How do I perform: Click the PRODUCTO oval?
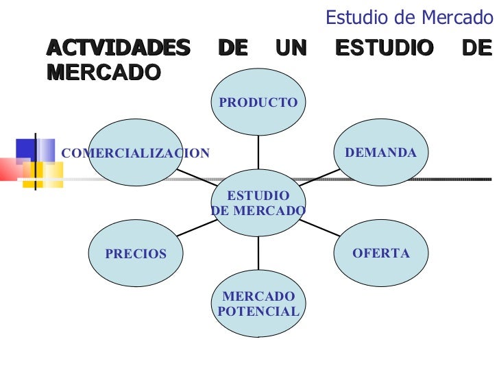tap(258, 102)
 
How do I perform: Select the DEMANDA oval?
tap(380, 152)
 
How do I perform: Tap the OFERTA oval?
tap(380, 253)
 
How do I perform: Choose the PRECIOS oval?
tap(136, 253)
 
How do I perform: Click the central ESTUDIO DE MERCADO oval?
tap(258, 203)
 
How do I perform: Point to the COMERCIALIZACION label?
tap(136, 153)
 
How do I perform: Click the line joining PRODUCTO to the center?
tap(258, 152)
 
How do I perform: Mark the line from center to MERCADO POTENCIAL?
tap(258, 253)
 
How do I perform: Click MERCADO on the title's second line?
tap(104, 71)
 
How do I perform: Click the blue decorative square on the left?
tap(26, 149)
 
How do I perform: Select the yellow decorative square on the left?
tap(33, 175)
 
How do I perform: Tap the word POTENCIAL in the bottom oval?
tap(258, 312)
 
